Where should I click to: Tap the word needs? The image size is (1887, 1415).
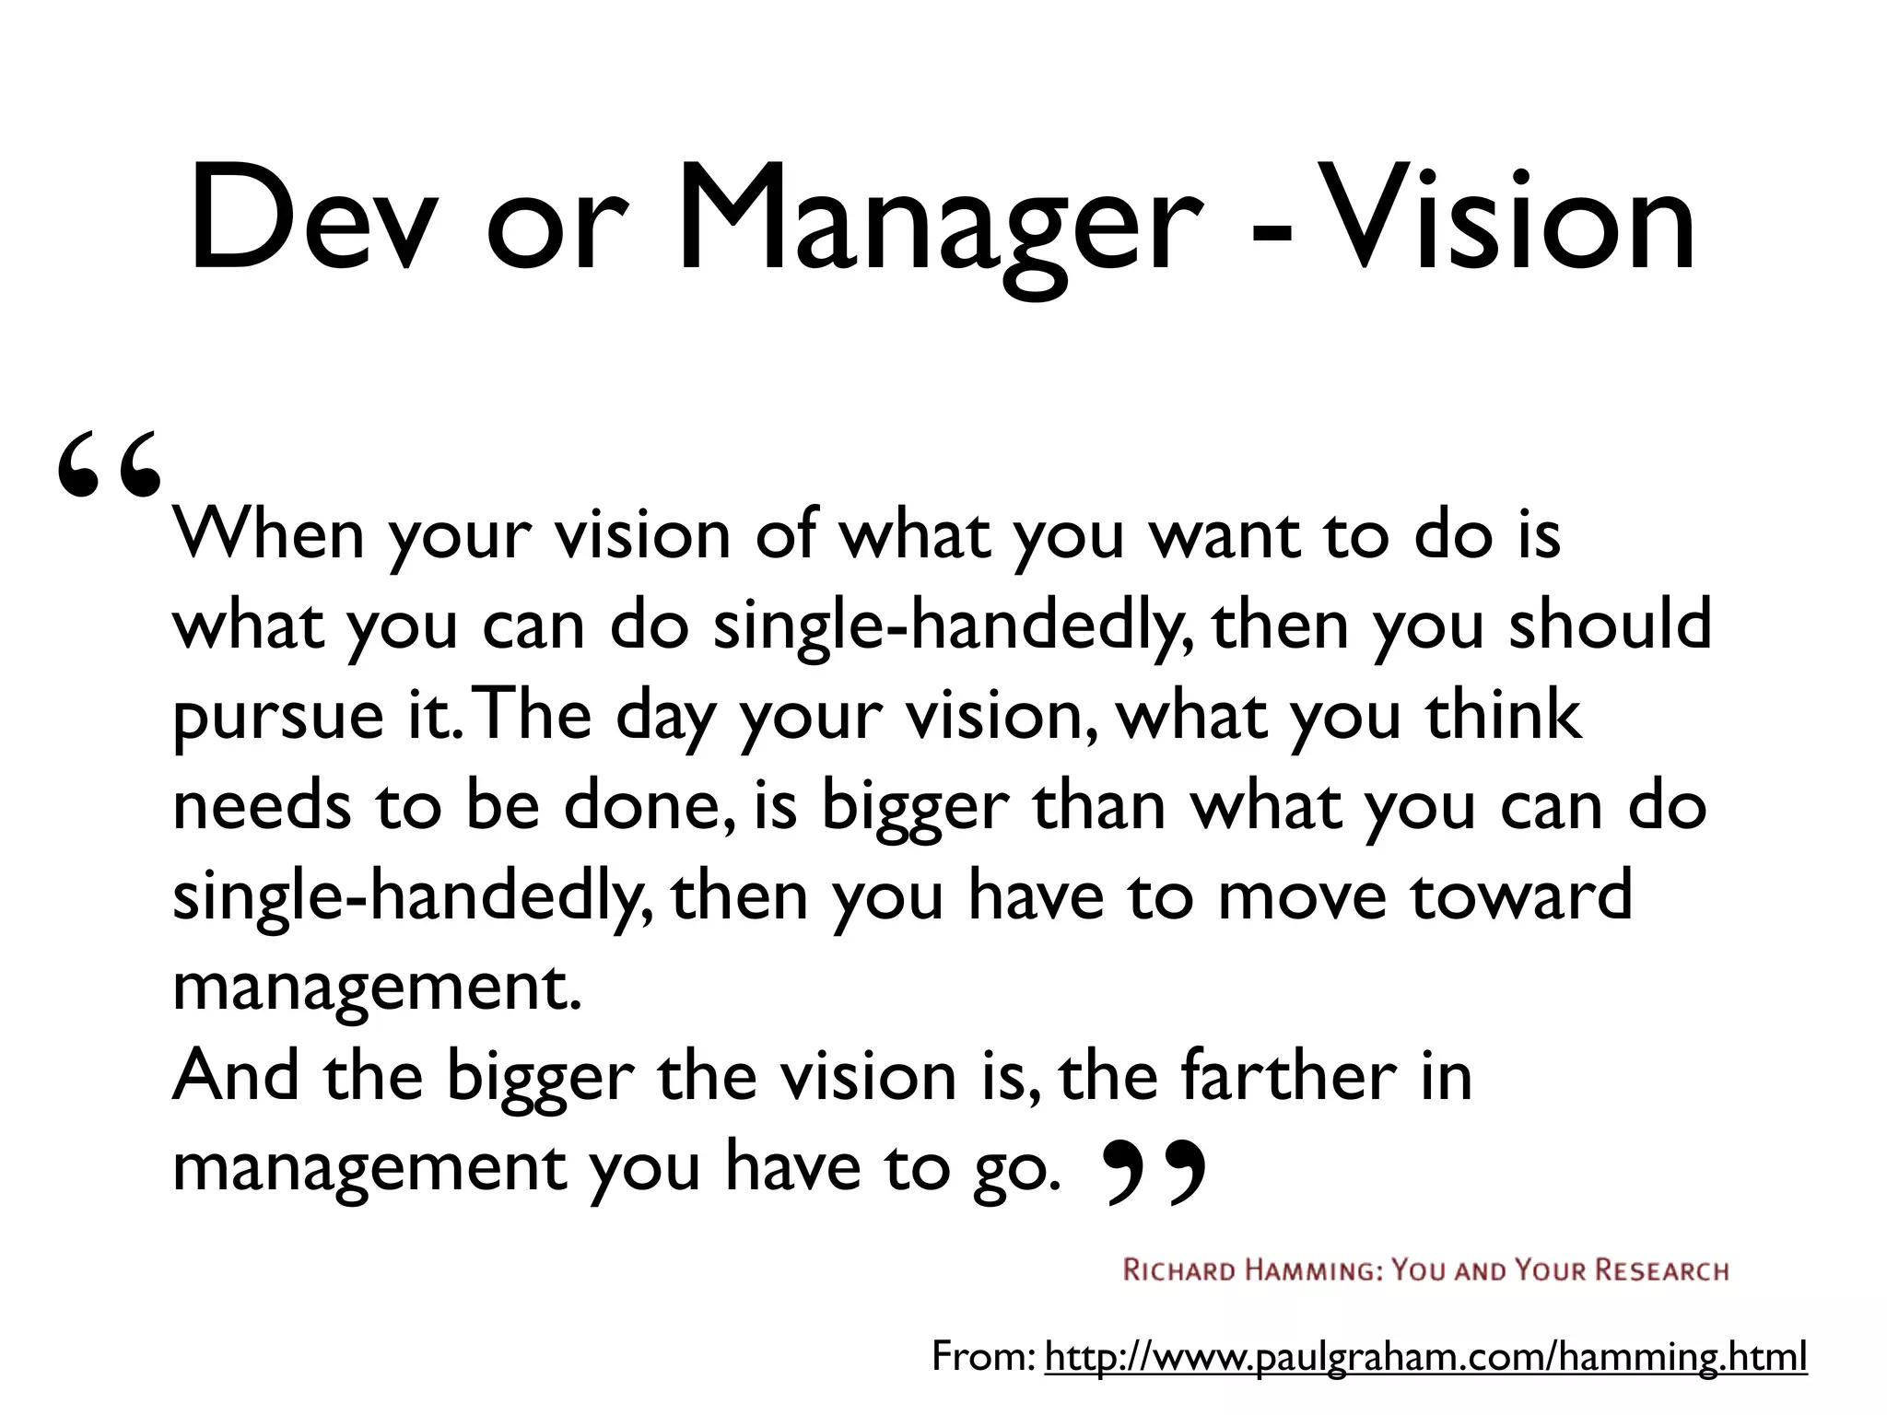point(262,805)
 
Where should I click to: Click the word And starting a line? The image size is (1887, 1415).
point(236,1075)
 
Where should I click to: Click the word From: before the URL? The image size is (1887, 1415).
point(984,1357)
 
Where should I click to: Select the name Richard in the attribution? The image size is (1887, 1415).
point(1179,1271)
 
